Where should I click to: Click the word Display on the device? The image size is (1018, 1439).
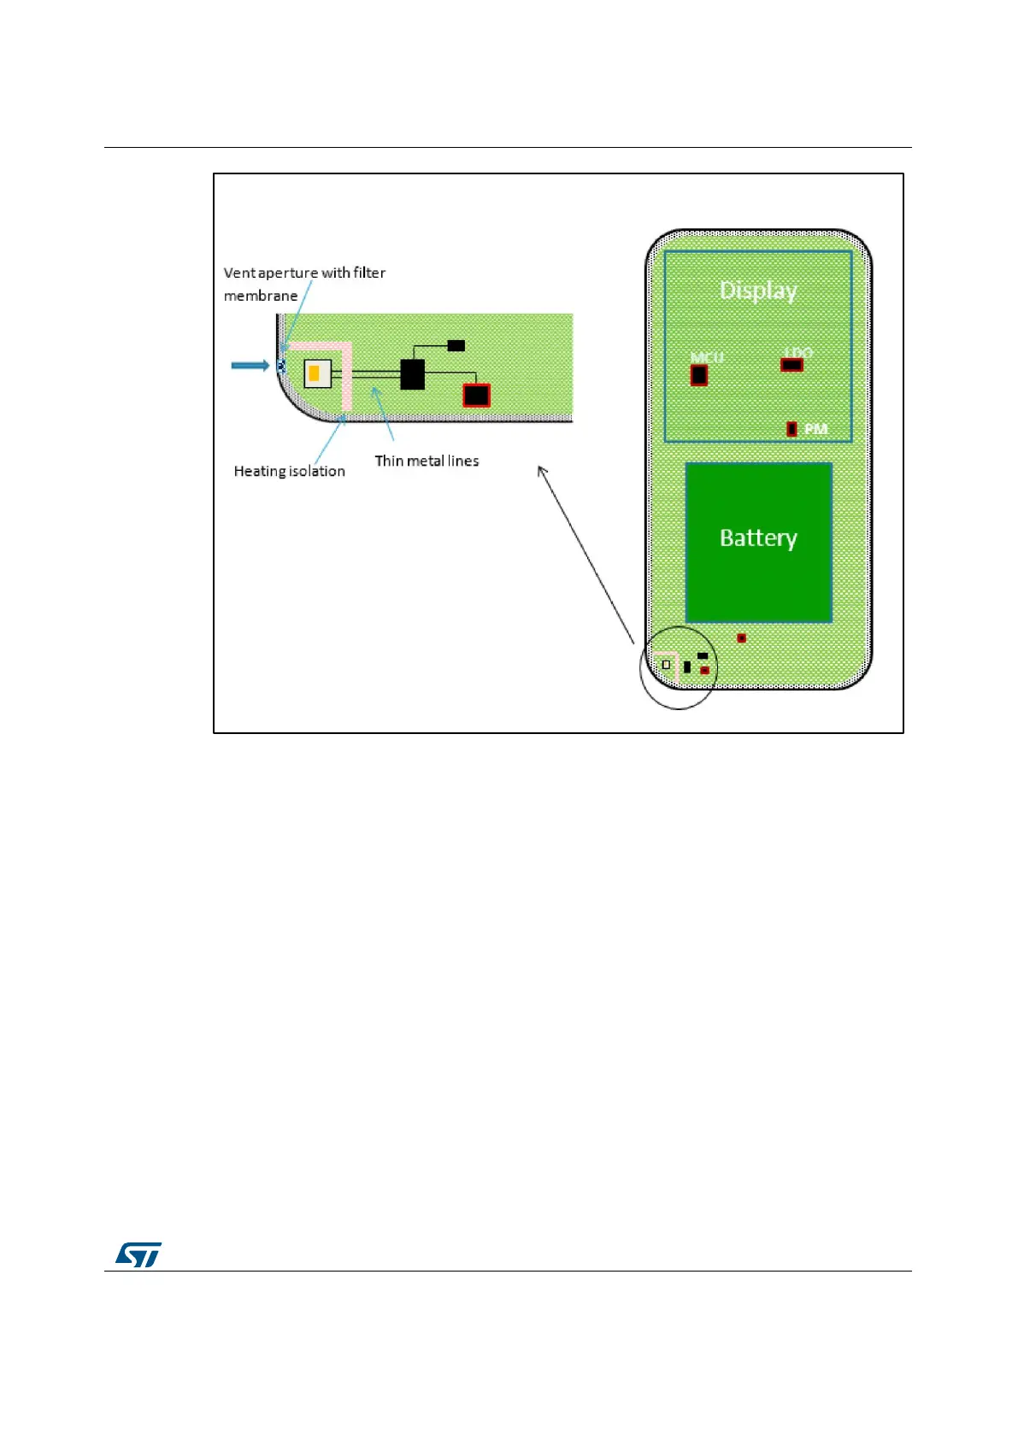click(x=758, y=291)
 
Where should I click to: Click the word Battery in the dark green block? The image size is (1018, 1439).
click(x=758, y=537)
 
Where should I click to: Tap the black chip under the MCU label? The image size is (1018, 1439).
click(x=699, y=375)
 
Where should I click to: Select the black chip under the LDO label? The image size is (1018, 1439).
click(x=792, y=365)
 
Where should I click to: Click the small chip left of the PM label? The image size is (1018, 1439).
click(x=791, y=428)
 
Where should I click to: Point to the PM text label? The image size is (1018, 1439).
click(x=815, y=428)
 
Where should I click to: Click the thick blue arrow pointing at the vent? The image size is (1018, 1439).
click(x=250, y=366)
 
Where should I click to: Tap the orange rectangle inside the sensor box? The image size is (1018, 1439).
click(x=315, y=373)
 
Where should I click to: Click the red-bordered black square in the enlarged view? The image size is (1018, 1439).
click(x=476, y=395)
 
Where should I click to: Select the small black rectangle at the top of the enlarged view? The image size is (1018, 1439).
click(x=456, y=345)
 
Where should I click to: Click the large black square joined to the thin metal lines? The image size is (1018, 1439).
click(x=413, y=374)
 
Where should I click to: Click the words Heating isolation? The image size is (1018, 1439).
click(x=290, y=471)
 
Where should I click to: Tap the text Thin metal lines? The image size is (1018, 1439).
click(x=427, y=461)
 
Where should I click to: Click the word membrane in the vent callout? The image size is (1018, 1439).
click(x=261, y=296)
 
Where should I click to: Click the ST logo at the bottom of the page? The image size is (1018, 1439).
click(x=138, y=1254)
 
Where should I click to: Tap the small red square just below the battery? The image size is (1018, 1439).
click(x=741, y=638)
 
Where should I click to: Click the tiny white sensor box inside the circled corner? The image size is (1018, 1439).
click(x=667, y=664)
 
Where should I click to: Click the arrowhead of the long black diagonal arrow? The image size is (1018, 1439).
click(x=541, y=469)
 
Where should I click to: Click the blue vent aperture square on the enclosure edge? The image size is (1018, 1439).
click(x=280, y=366)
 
